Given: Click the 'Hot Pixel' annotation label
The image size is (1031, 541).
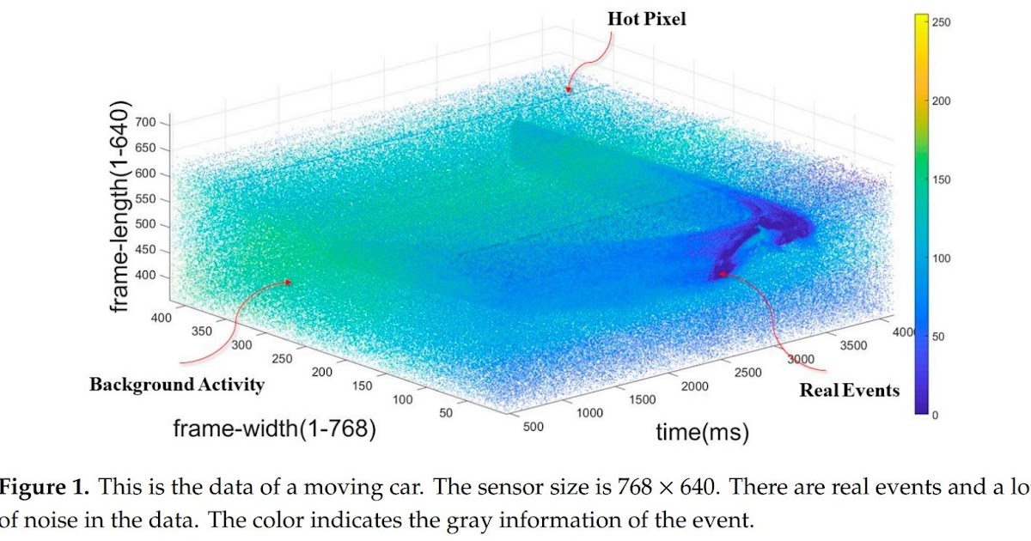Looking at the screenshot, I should tap(648, 19).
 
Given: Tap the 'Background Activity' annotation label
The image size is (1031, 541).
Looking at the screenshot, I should tap(176, 385).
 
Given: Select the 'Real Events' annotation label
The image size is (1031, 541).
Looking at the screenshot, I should tap(849, 391).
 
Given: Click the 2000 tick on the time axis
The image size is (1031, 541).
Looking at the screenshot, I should tap(694, 386).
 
